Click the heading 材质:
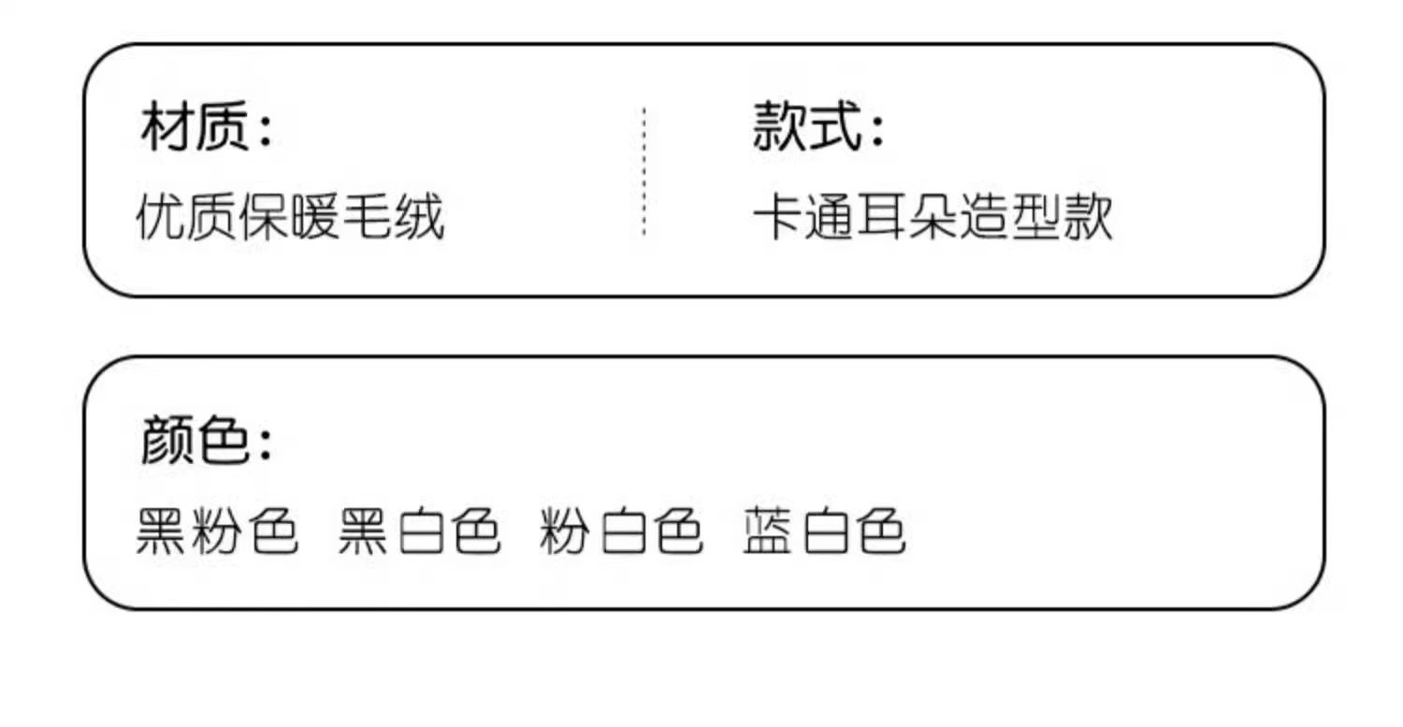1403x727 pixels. pos(207,128)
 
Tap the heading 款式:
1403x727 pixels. pos(818,128)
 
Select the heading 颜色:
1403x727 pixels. pos(207,441)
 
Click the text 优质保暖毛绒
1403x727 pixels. pos(290,218)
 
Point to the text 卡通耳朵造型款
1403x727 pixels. pos(933,218)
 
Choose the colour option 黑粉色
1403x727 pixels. pos(217,532)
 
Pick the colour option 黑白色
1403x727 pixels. pos(419,532)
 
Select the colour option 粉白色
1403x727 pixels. pos(621,532)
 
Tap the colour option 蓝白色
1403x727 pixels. pos(824,532)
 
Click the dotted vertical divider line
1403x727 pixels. pos(644,171)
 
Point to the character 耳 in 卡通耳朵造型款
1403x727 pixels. pos(881,218)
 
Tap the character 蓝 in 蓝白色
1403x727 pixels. pos(769,532)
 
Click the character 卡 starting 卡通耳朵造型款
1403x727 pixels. pos(778,218)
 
